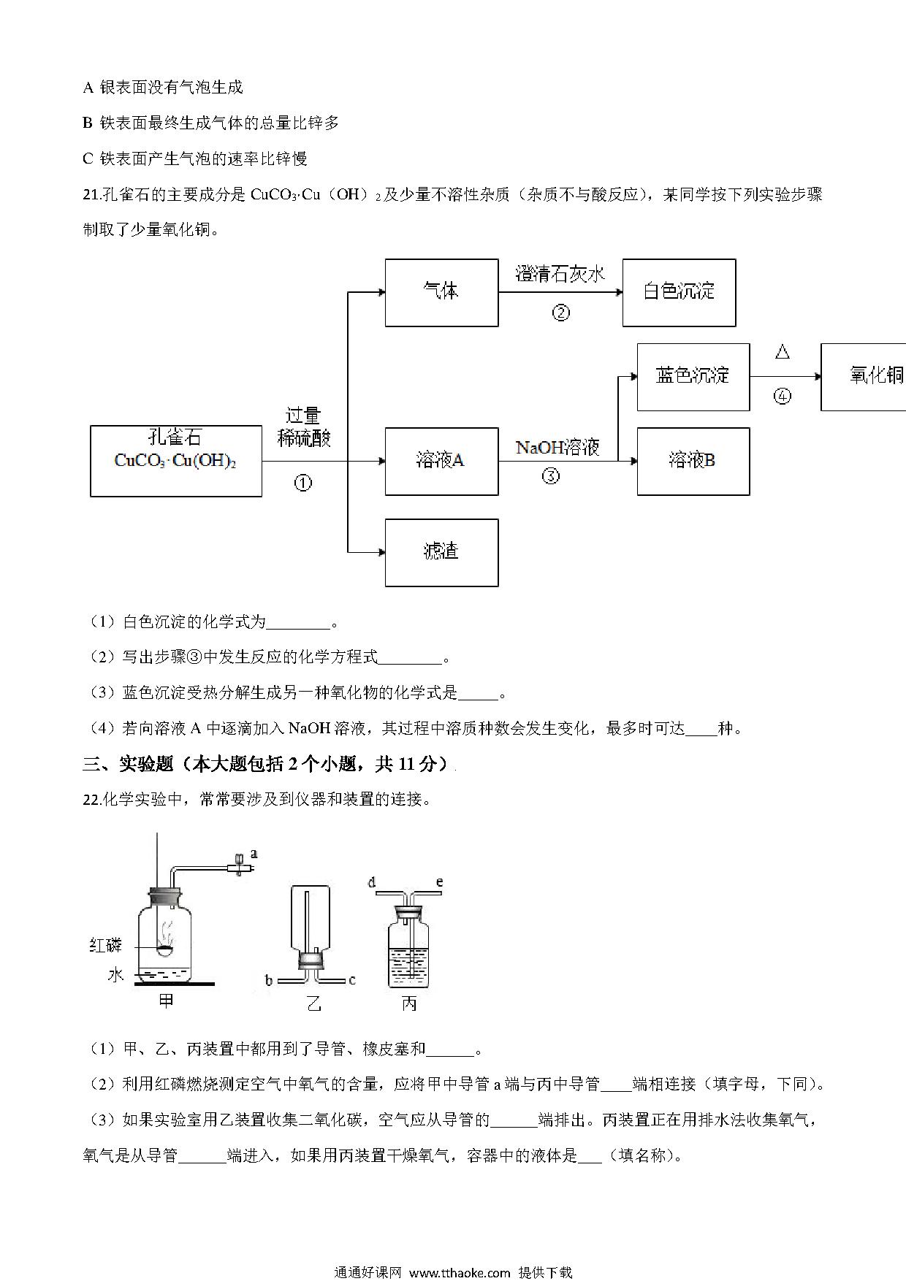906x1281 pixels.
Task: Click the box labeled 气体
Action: [441, 292]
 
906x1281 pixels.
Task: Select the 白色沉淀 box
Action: [679, 292]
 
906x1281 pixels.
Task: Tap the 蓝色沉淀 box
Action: [693, 377]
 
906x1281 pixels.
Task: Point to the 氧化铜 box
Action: [864, 377]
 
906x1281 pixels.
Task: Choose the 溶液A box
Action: [441, 461]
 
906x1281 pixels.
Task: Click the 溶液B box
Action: [693, 461]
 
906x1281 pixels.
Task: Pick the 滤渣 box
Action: [441, 552]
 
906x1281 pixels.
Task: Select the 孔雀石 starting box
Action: [176, 461]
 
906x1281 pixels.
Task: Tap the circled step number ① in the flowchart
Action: [302, 482]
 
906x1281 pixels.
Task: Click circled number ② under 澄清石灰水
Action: [560, 313]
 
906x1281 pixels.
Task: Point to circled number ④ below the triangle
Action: [783, 397]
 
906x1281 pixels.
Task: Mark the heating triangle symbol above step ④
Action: [783, 353]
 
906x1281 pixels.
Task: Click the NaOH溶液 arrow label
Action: [557, 447]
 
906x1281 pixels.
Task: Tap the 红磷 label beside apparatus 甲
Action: [105, 946]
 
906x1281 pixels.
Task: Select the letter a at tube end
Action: [254, 852]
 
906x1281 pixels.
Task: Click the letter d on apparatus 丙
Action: [372, 883]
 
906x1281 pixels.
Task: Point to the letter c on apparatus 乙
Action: [352, 980]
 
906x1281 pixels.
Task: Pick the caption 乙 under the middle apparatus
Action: [313, 1004]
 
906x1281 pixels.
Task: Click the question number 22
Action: [91, 800]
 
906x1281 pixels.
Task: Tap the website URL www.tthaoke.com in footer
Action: [460, 1272]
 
